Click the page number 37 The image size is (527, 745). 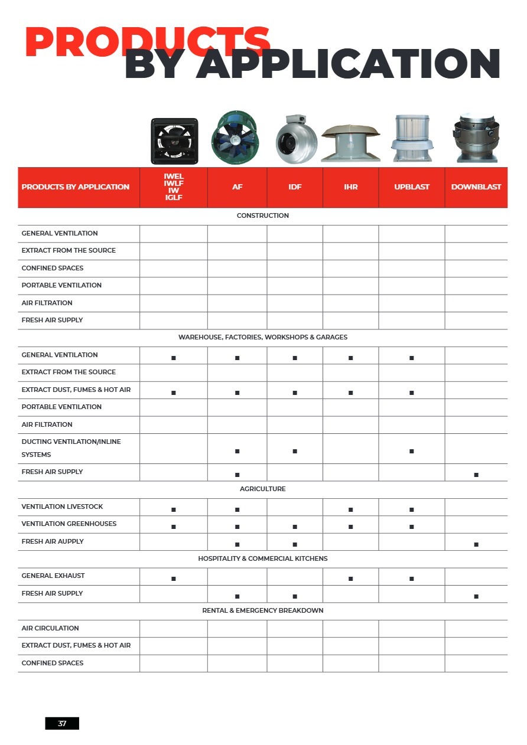tap(62, 723)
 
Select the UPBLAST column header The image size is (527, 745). tap(412, 187)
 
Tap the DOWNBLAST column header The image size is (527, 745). tap(476, 187)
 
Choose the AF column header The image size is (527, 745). tap(237, 187)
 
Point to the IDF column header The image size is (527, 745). tap(295, 187)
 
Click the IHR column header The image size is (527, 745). tap(351, 187)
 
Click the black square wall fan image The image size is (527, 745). tap(174, 140)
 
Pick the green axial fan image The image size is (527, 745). tap(236, 137)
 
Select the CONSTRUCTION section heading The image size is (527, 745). tap(263, 216)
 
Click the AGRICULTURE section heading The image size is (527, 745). tap(263, 489)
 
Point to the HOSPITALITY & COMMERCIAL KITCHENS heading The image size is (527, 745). tap(263, 558)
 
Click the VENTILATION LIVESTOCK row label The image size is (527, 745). tap(62, 507)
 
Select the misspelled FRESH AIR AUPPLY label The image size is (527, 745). tap(53, 541)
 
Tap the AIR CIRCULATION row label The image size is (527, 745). tap(50, 628)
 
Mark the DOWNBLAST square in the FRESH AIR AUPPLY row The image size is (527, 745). tap(476, 544)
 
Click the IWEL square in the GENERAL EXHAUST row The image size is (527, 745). tap(174, 579)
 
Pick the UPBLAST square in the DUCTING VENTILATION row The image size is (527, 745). tap(412, 452)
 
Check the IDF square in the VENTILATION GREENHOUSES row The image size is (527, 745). tap(295, 527)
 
